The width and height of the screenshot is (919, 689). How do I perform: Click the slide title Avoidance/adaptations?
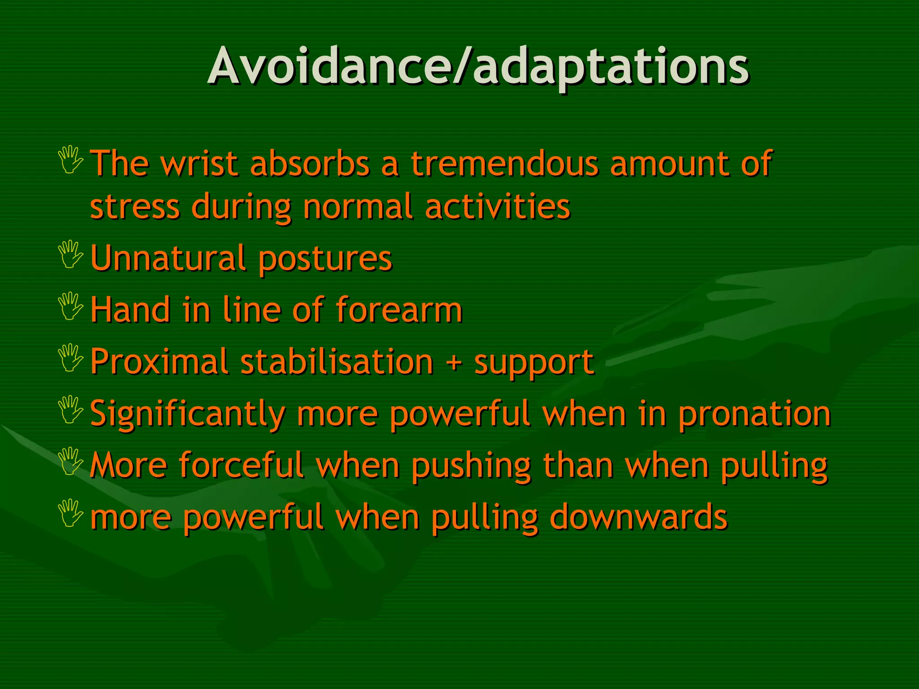[478, 67]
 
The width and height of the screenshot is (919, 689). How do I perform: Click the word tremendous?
[504, 163]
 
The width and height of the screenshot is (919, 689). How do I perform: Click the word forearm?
[399, 310]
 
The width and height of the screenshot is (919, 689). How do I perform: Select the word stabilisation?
[337, 362]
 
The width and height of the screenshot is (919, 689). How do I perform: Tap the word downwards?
[638, 517]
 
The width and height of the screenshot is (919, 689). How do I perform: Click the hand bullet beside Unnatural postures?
[71, 254]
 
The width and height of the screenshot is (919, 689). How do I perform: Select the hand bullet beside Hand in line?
[71, 306]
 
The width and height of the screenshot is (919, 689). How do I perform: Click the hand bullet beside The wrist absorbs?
[71, 160]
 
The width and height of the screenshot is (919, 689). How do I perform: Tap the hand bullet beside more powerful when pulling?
[71, 513]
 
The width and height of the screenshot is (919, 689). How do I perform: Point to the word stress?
[135, 207]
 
